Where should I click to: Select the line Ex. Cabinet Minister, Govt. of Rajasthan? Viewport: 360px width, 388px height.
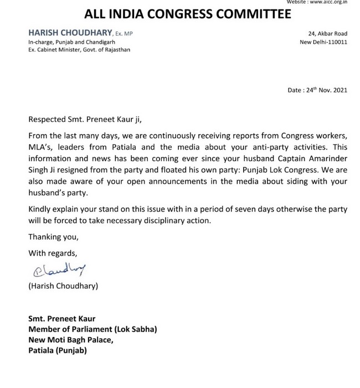pyautogui.click(x=80, y=50)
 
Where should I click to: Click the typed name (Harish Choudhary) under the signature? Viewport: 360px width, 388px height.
pyautogui.click(x=63, y=286)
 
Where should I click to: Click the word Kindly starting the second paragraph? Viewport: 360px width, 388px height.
pyautogui.click(x=41, y=208)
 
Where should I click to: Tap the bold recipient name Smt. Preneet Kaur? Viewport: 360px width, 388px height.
pyautogui.click(x=62, y=319)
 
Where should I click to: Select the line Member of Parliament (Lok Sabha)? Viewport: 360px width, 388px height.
pyautogui.click(x=92, y=329)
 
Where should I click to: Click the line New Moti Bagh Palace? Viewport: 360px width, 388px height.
pyautogui.click(x=70, y=340)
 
